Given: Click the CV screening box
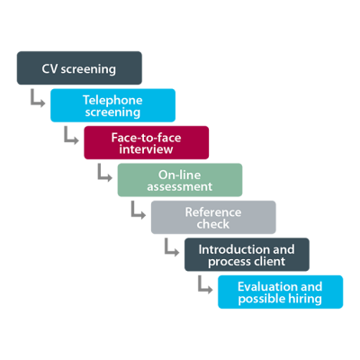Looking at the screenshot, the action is point(79,67).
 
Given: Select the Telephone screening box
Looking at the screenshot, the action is point(112,105).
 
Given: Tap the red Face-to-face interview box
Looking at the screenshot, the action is point(147,142).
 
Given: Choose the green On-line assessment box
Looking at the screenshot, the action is point(180,180).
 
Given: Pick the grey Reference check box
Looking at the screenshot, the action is point(213,217).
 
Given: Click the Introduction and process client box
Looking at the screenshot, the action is point(247,255).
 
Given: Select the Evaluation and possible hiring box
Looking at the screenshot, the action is point(281,292).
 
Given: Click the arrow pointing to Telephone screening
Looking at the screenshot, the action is point(33,103).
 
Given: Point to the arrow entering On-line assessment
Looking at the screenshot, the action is point(100,177).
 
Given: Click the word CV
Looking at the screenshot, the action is point(49,69).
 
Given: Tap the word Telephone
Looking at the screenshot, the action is point(112,100).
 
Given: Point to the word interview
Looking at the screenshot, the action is point(146,149).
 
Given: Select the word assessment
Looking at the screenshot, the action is point(180,186).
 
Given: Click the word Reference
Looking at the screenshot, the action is point(213,212).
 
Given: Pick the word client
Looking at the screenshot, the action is point(268,261).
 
